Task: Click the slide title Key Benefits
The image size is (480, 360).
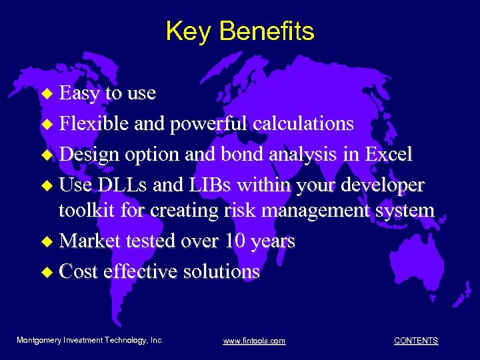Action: (239, 31)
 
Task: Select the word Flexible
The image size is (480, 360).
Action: (94, 123)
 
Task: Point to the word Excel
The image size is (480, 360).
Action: (388, 154)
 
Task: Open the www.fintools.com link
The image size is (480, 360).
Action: (254, 341)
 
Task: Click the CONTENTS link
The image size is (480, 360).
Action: (416, 341)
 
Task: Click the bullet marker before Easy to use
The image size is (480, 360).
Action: (46, 94)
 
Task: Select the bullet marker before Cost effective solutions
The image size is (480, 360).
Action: (46, 272)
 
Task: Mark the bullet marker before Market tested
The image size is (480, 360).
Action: (46, 241)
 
